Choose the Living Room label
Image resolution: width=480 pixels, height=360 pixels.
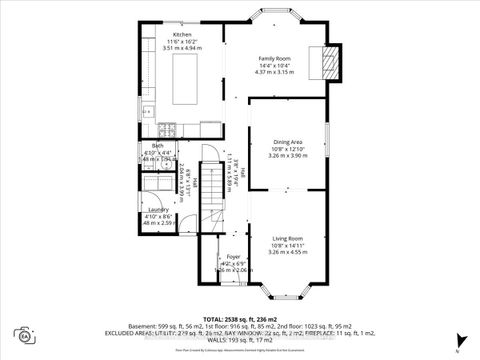[287, 238]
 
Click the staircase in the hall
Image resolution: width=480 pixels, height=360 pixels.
[211, 190]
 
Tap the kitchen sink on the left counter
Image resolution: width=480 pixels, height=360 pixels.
[147, 110]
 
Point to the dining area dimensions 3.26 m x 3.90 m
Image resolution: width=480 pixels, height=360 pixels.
[287, 155]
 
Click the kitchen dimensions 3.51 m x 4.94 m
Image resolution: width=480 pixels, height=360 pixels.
[182, 47]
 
